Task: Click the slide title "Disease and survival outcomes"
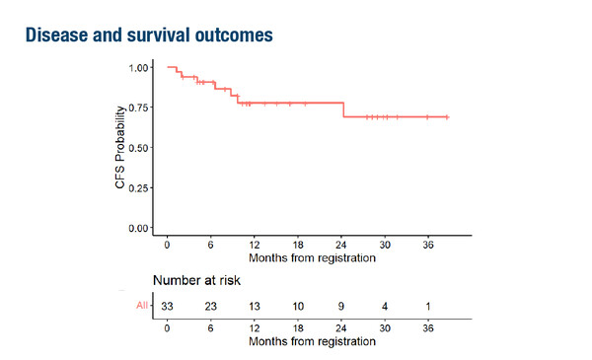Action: (147, 35)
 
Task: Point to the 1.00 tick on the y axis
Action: (139, 68)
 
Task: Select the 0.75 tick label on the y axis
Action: (139, 108)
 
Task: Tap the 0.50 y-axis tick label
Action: (139, 148)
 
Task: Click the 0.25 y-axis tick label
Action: (139, 187)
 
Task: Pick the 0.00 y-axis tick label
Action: (139, 228)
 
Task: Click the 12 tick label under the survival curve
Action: (255, 245)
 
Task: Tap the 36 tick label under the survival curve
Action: (427, 245)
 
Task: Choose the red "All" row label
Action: (141, 306)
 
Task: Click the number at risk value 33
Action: (168, 306)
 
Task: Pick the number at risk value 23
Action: (211, 306)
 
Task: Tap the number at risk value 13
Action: (255, 306)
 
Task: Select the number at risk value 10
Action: (298, 306)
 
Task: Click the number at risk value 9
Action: (341, 306)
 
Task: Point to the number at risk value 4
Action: (385, 306)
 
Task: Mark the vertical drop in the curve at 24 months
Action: (343, 109)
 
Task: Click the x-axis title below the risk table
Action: (312, 341)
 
